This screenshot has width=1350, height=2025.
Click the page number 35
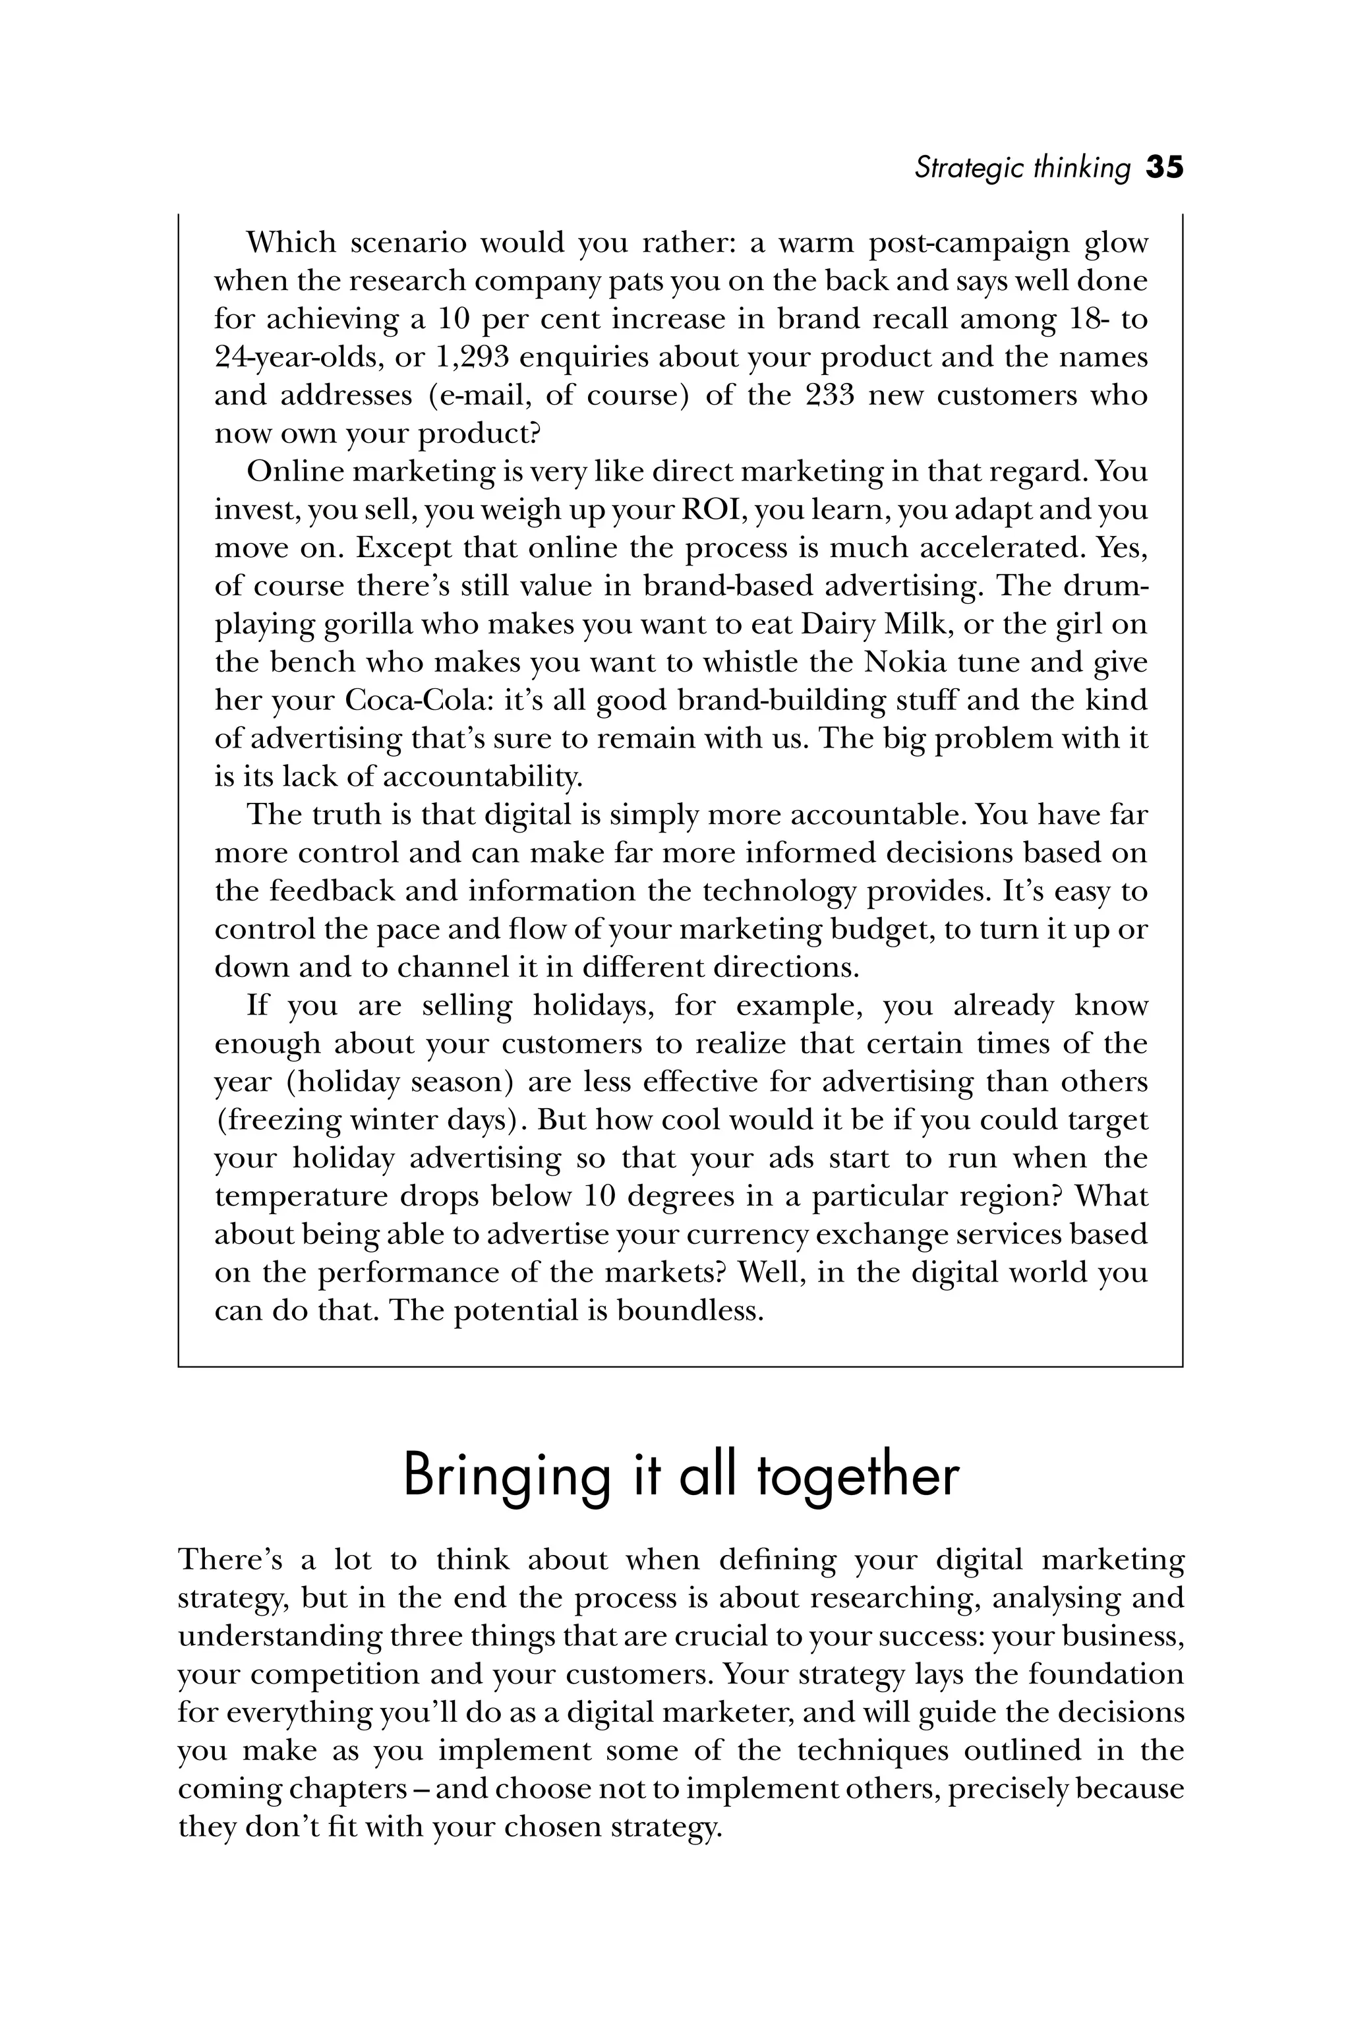1165,167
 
